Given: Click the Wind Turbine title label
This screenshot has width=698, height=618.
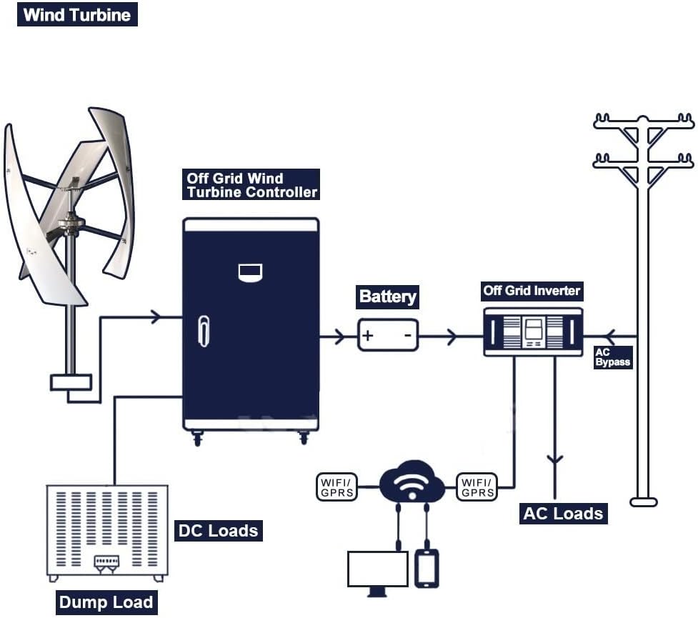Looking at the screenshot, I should [77, 15].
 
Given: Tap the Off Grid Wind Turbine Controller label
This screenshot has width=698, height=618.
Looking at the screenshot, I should [251, 185].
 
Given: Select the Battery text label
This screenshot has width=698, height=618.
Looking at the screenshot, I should [387, 296].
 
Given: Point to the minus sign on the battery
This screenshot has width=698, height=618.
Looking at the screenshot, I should [408, 335].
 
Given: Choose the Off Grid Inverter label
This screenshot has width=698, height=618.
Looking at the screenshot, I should [532, 290].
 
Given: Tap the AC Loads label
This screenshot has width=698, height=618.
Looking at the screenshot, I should [563, 513].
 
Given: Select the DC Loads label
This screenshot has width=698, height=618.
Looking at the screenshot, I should [217, 531].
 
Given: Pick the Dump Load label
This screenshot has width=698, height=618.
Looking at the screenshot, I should [106, 602].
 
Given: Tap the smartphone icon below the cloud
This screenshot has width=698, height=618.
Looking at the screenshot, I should [427, 567].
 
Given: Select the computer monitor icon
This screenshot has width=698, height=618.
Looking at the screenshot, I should [377, 569].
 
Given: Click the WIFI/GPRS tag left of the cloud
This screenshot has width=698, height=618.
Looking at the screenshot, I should [337, 487].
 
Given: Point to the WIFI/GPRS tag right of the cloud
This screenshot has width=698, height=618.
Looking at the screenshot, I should [477, 487].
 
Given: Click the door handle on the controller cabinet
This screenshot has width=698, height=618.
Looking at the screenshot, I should [204, 331].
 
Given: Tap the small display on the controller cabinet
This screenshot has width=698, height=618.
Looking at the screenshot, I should [250, 271].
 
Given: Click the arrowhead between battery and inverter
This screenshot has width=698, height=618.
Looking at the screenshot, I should [452, 336].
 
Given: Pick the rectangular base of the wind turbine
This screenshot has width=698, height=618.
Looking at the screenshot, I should [71, 382].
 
